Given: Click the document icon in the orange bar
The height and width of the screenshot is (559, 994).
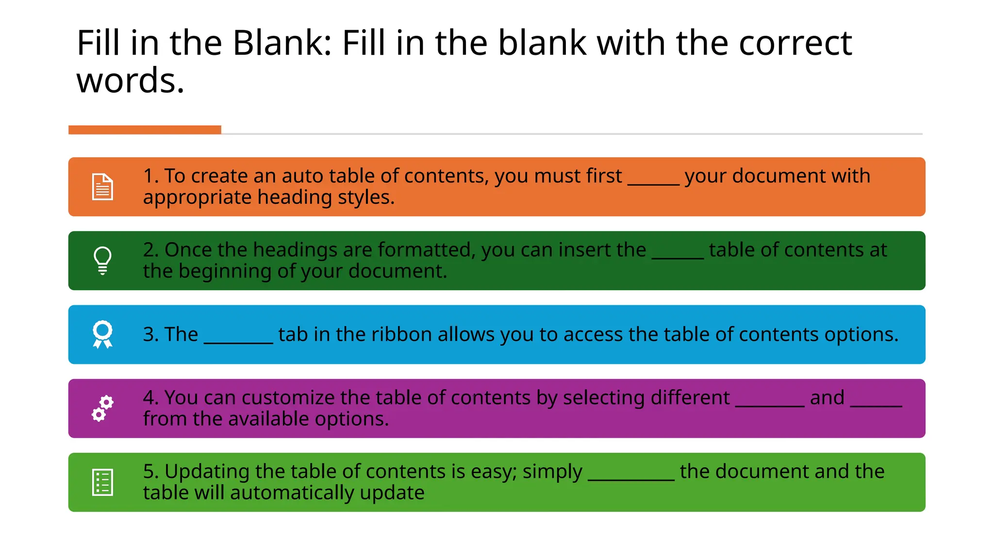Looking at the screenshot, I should coord(102,187).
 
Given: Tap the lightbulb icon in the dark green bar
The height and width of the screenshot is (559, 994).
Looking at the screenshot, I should coord(102,261).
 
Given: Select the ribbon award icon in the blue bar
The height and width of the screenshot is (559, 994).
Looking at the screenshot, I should coord(102,334).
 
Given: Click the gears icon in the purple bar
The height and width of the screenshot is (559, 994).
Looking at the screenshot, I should coord(102,409).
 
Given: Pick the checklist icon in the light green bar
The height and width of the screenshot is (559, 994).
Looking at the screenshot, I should coord(102,482).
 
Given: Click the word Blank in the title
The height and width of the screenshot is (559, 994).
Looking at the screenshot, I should coord(281,43).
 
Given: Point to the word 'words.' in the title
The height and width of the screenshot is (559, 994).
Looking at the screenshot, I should coord(131,81).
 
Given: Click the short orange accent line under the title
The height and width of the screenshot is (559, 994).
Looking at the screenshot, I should coord(145,130).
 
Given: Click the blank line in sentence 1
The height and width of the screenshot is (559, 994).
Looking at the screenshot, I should coord(653,183).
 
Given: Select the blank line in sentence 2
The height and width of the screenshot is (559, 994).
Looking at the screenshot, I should coord(678,257).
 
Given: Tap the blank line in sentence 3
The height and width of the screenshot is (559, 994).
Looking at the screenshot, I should coord(238,342).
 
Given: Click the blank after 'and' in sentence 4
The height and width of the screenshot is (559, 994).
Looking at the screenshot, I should coord(876,405).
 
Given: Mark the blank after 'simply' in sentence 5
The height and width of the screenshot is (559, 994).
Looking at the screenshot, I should coord(631,479).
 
